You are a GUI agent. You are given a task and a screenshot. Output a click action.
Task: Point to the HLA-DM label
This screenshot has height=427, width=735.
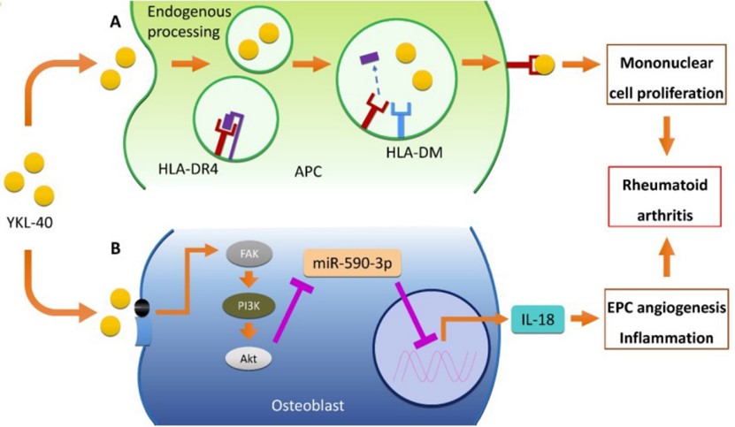[414, 155]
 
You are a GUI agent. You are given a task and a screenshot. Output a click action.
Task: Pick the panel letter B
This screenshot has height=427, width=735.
[115, 250]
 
